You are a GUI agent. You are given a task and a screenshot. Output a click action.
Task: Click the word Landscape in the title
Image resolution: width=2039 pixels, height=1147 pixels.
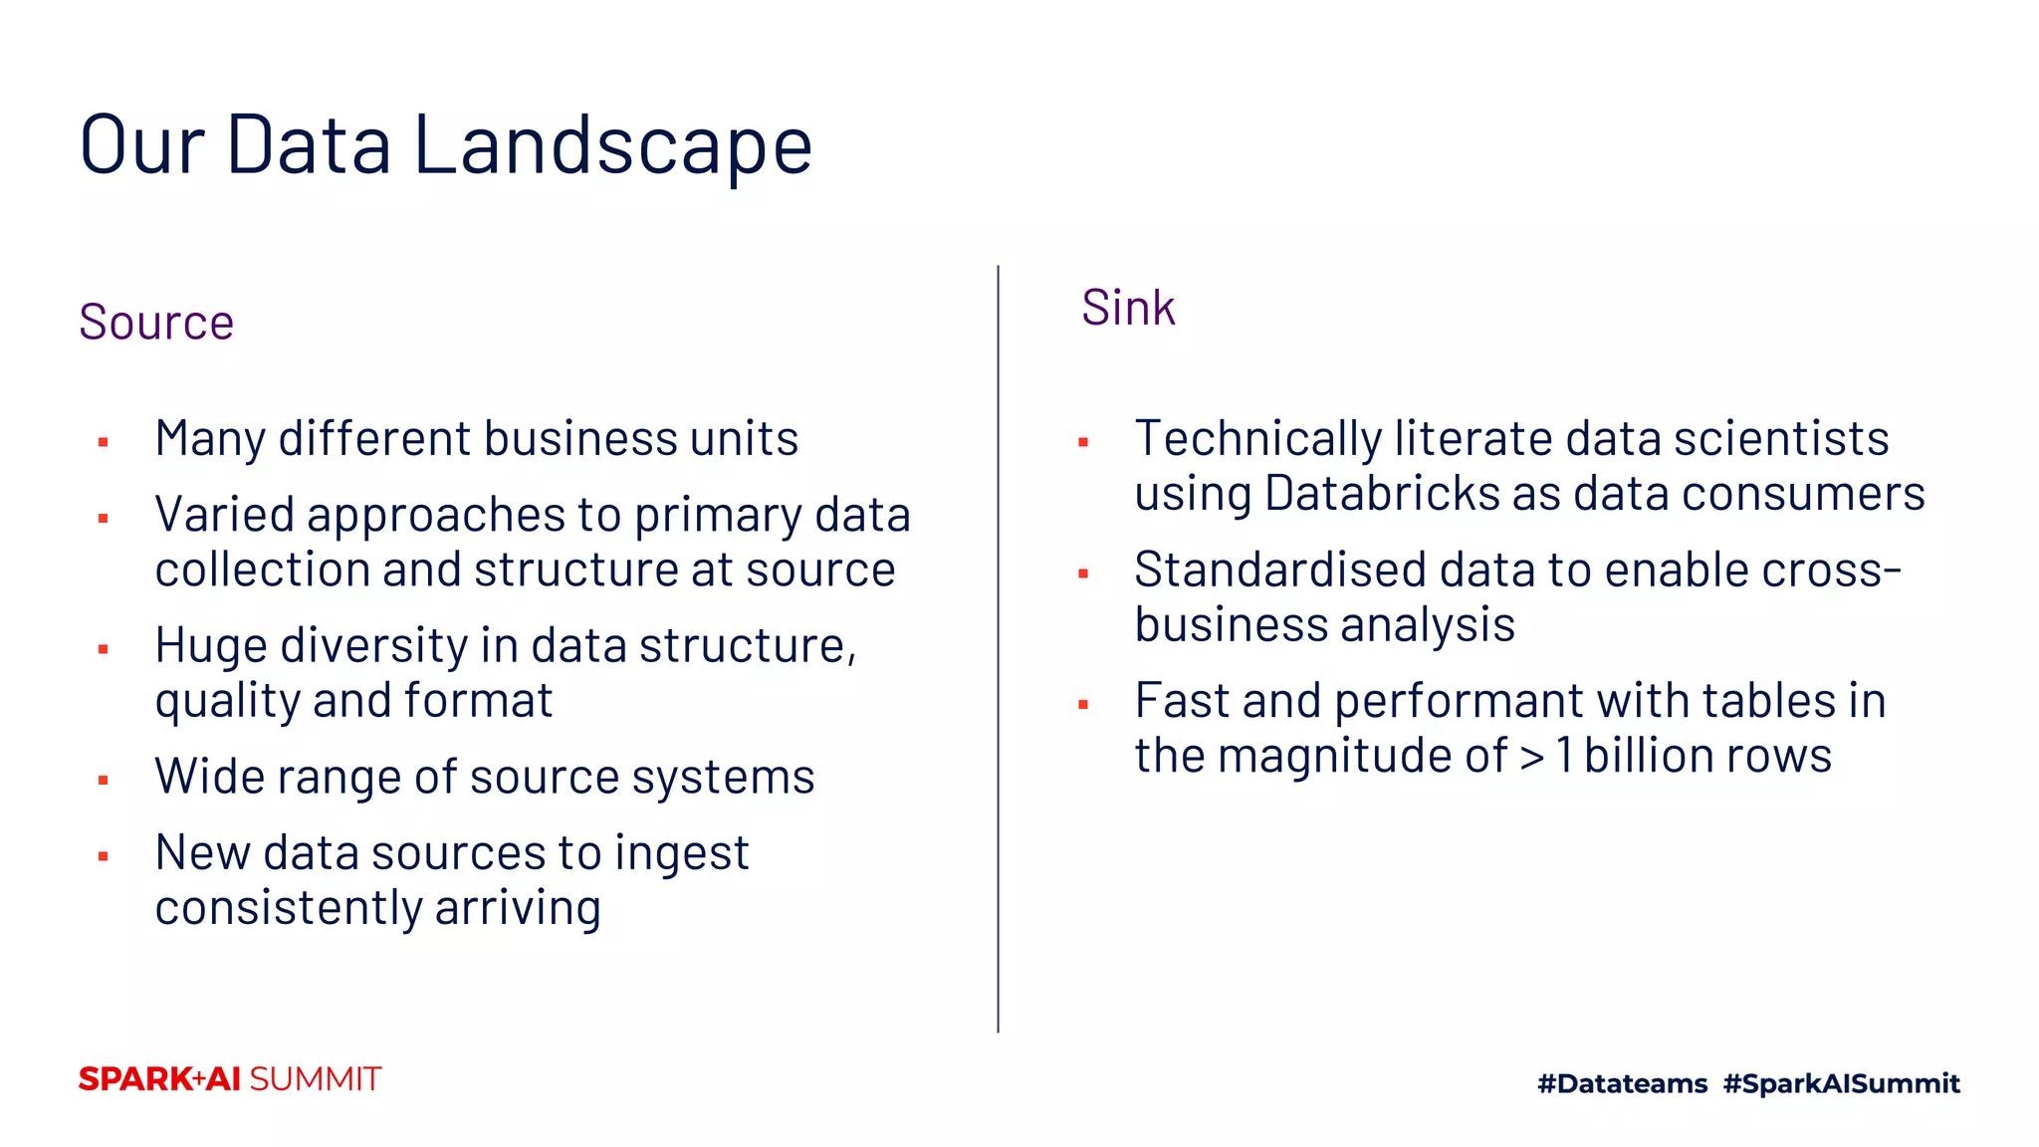[612, 145]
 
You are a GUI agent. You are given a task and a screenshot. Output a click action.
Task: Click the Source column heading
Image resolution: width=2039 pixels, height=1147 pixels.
[156, 323]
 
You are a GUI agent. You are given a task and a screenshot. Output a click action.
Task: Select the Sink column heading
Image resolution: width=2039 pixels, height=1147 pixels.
[1128, 308]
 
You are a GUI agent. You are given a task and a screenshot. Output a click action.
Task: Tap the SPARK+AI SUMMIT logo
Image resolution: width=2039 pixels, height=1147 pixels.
[230, 1079]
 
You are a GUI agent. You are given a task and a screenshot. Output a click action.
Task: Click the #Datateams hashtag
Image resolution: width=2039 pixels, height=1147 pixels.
[1622, 1083]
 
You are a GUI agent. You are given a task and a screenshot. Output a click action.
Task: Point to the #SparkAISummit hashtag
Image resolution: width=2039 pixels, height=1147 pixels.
[1841, 1083]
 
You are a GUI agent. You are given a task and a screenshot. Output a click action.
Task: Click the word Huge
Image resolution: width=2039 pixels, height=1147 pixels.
[211, 646]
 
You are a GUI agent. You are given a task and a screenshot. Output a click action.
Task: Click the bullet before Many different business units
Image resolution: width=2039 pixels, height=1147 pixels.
[104, 442]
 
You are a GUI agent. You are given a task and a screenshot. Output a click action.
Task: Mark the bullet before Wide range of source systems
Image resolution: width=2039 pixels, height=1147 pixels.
[104, 781]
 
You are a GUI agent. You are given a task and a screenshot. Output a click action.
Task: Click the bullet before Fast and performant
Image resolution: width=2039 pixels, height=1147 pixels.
[1083, 705]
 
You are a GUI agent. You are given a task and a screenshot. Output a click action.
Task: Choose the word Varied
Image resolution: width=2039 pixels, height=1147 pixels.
[225, 516]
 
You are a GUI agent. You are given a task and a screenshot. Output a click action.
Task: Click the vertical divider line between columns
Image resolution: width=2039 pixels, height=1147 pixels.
[998, 647]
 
